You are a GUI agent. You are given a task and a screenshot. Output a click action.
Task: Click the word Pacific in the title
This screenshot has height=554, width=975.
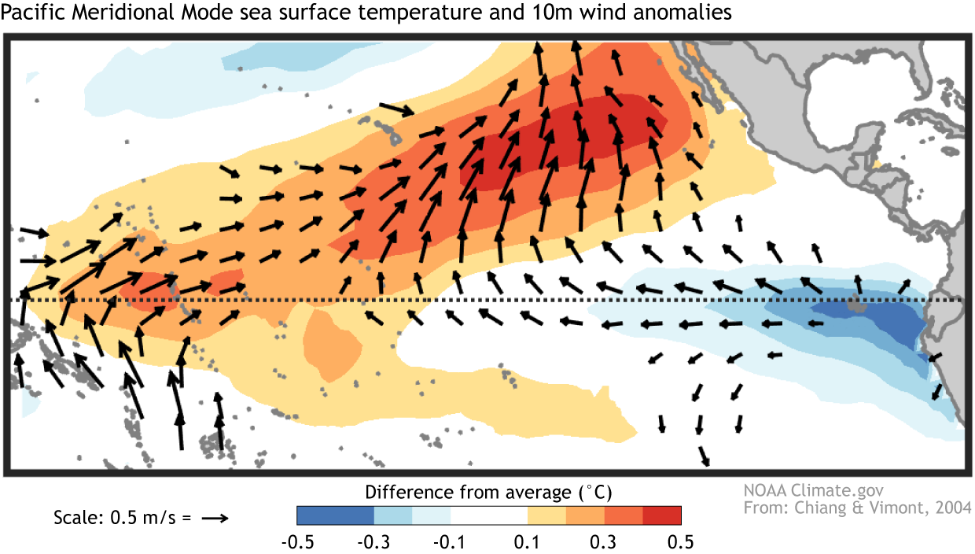point(31,13)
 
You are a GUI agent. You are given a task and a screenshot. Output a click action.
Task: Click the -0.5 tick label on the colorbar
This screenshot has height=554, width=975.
point(296,542)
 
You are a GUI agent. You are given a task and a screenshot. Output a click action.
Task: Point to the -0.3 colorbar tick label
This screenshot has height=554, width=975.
point(373,542)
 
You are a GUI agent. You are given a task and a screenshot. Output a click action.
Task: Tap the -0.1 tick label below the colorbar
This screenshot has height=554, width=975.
point(451,542)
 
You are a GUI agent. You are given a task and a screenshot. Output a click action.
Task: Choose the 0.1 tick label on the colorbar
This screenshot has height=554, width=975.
point(528,542)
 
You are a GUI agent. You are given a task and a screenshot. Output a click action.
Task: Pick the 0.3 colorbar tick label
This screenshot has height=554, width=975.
point(605,542)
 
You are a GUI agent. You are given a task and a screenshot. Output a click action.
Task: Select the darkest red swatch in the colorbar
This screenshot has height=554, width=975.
point(662,515)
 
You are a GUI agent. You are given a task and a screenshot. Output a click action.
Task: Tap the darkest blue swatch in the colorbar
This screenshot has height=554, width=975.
point(335,515)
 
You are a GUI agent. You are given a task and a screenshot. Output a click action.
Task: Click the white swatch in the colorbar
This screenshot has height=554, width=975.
point(489,515)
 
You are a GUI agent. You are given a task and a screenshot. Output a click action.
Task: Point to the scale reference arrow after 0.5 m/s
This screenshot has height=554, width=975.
point(214,519)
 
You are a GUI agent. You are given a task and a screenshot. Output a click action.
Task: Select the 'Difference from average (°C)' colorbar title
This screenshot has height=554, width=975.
point(488,493)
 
